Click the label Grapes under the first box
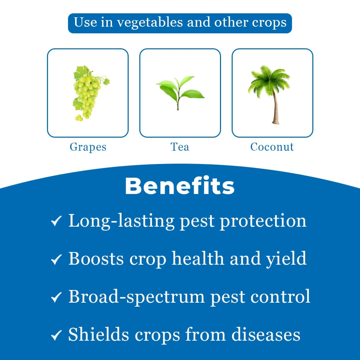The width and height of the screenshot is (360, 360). tap(88, 147)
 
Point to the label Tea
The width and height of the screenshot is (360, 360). tap(180, 147)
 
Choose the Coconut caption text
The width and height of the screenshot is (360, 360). tap(272, 147)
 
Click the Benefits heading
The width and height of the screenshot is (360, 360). tap(180, 186)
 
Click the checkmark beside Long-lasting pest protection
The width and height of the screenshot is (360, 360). tap(56, 221)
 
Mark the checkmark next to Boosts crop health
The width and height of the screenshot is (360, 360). tap(56, 259)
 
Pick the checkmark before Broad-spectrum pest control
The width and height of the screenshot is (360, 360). tap(56, 297)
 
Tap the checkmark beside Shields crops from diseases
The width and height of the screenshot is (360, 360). tap(56, 335)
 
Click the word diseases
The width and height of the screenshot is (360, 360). tap(266, 334)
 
